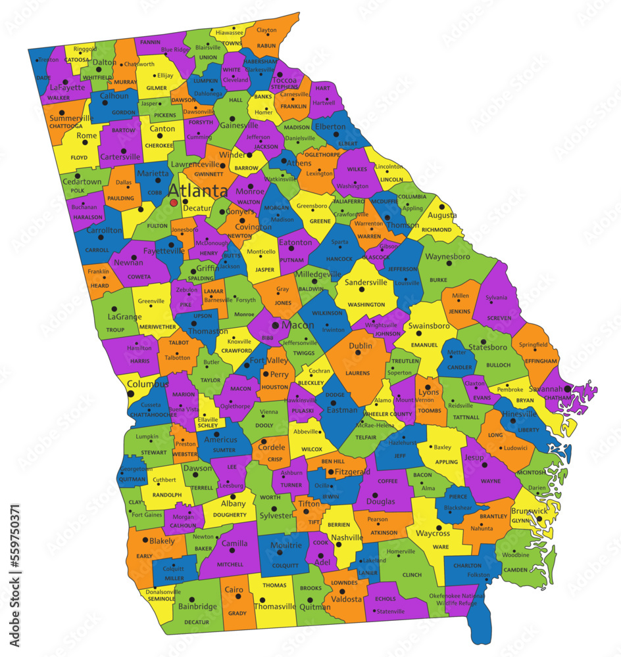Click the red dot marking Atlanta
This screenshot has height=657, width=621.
[174, 203]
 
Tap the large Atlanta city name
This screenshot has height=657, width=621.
[198, 191]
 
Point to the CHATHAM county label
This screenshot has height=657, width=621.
[559, 397]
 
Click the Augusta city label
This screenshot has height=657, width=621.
[442, 215]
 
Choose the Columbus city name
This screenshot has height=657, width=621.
[143, 384]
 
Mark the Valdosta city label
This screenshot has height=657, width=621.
[346, 599]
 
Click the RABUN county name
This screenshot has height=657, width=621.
[266, 45]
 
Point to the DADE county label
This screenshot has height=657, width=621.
[43, 78]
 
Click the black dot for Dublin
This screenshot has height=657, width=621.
[358, 353]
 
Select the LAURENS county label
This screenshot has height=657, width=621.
[358, 373]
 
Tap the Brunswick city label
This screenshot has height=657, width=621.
[529, 510]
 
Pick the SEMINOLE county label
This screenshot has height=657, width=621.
[161, 599]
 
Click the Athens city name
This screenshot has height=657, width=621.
[299, 163]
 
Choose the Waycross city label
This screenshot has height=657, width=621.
[433, 533]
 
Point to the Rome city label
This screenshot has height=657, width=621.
[87, 136]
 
